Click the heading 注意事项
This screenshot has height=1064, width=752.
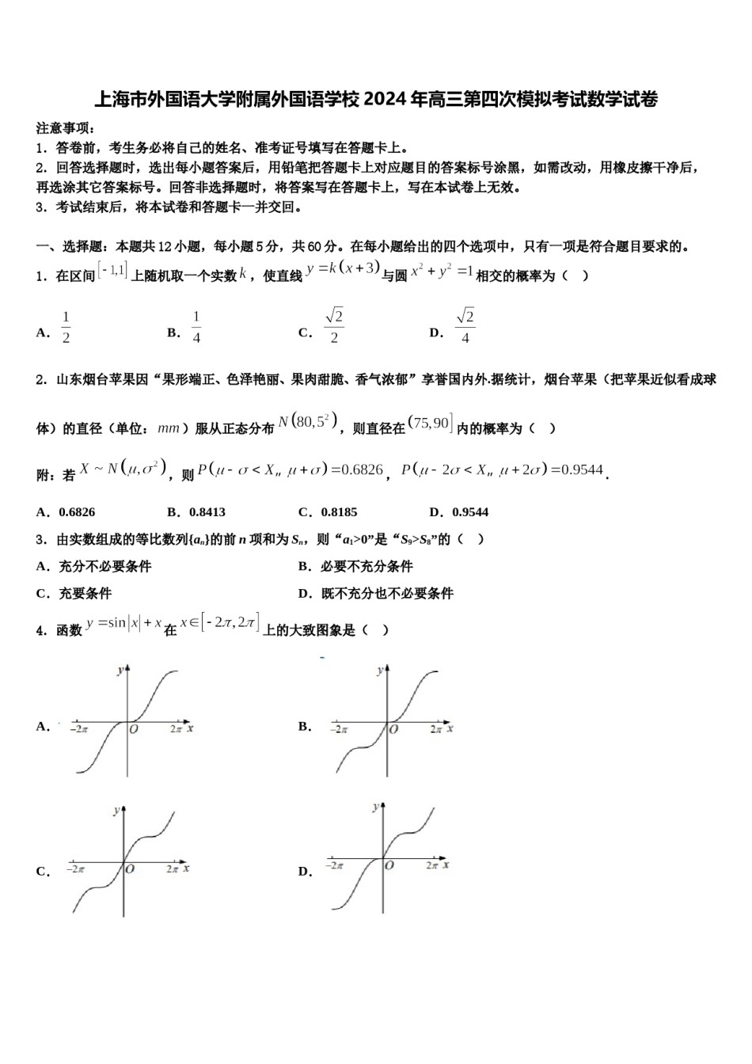click(x=66, y=128)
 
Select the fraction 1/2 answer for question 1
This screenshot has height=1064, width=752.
click(x=66, y=327)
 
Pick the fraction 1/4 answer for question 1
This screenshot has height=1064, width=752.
click(x=196, y=327)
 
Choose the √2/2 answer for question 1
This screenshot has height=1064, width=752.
click(x=334, y=326)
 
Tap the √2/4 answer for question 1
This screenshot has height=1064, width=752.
click(x=465, y=326)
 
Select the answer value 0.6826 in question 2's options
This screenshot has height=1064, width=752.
click(x=77, y=512)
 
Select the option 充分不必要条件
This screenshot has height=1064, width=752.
click(x=104, y=566)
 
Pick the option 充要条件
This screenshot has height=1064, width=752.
click(x=85, y=593)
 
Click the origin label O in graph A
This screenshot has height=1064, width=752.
click(x=133, y=729)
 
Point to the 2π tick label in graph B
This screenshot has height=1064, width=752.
click(x=435, y=729)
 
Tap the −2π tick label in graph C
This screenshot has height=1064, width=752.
click(x=75, y=868)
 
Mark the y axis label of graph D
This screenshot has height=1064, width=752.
click(x=375, y=807)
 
